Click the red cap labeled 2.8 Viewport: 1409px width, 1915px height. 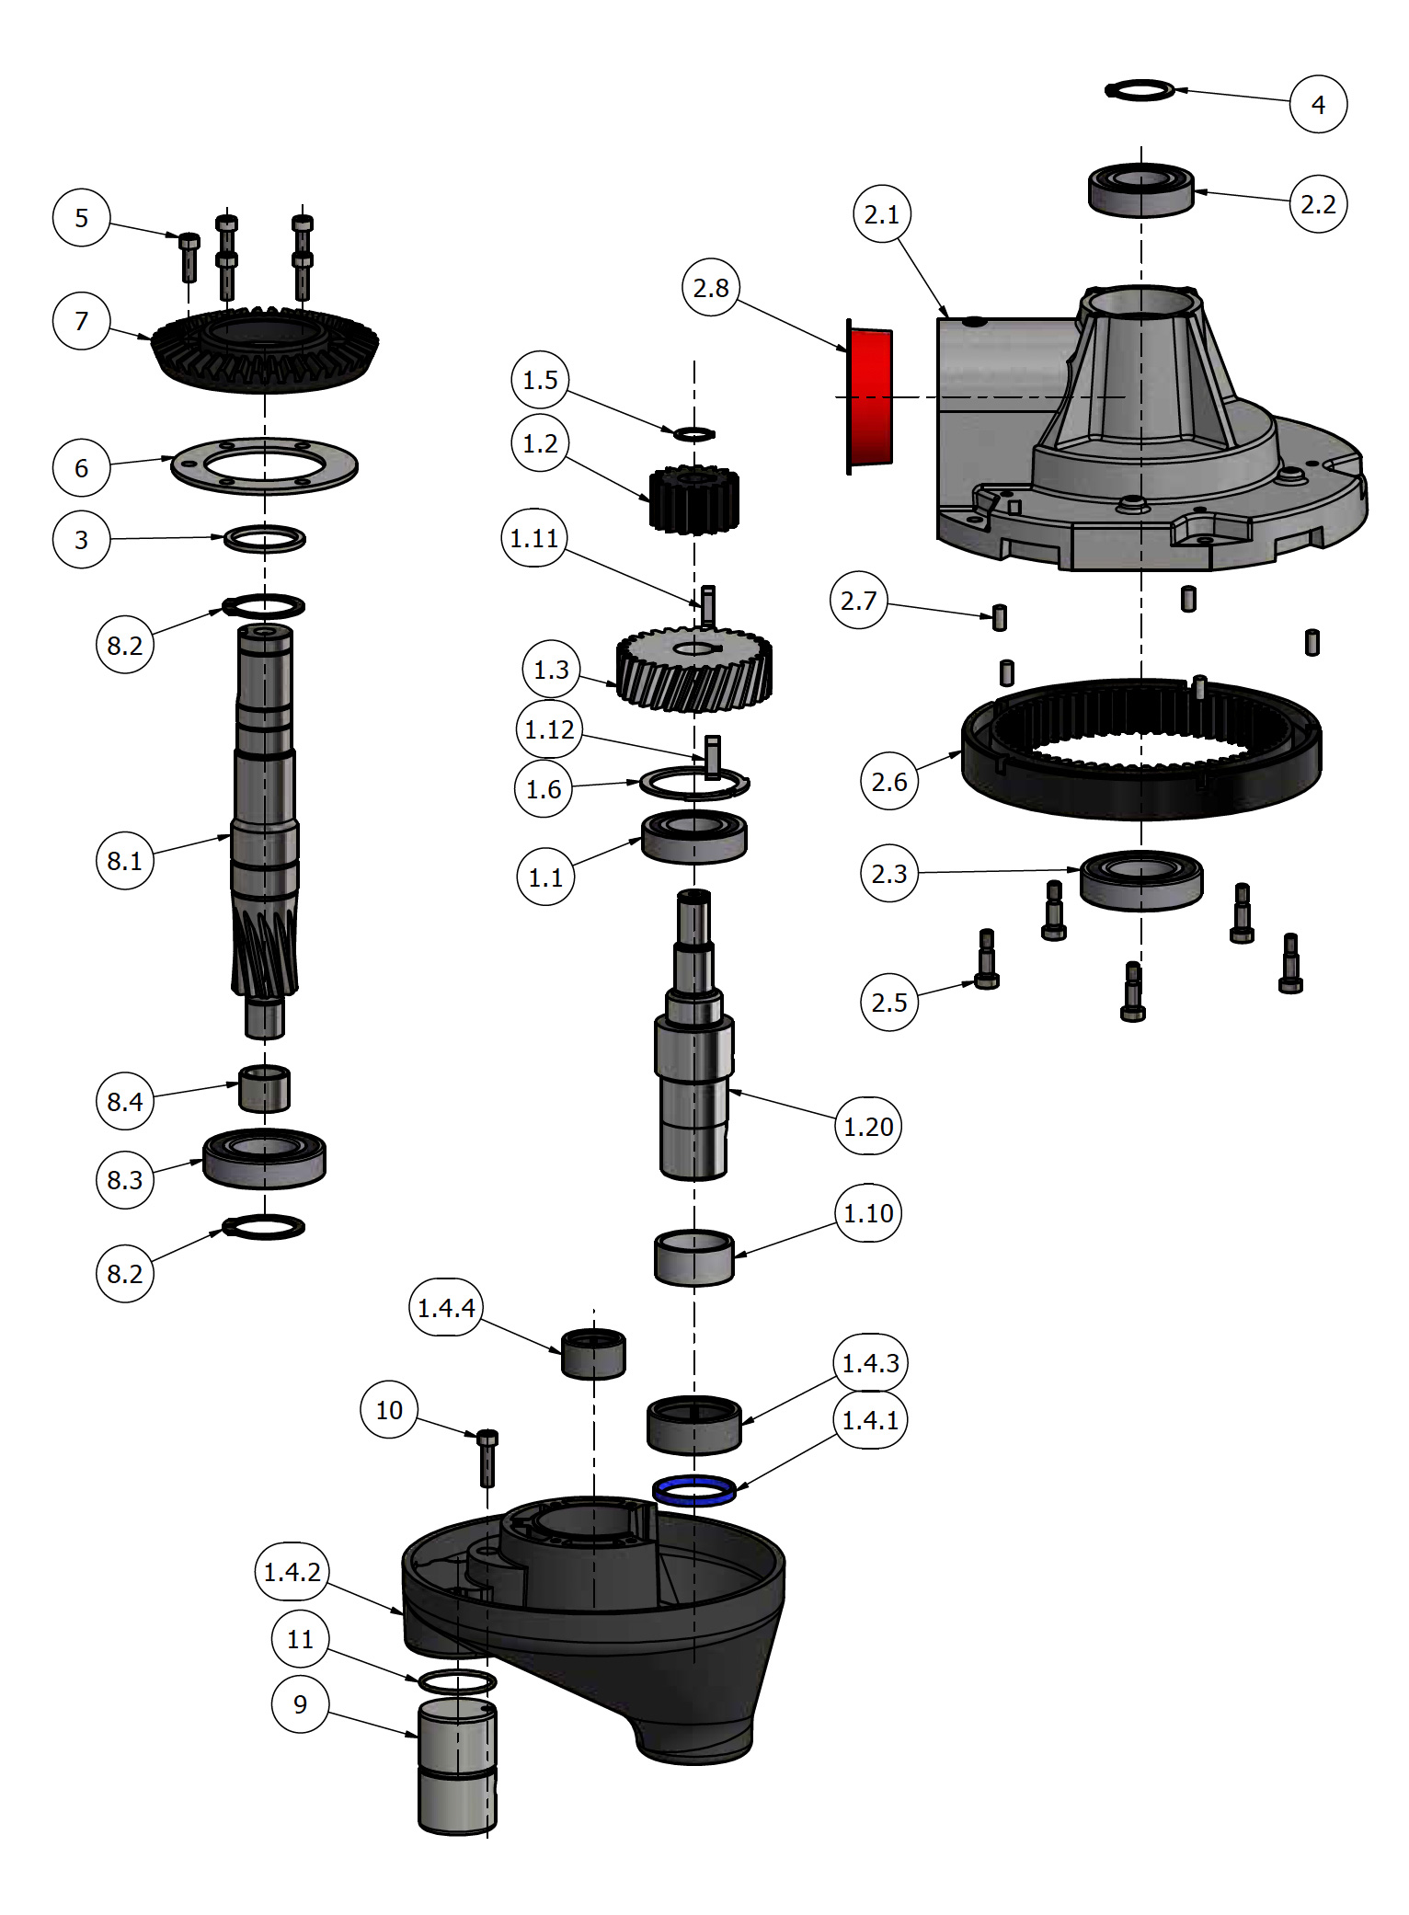[x=869, y=397]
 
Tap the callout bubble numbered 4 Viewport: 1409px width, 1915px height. [x=1317, y=104]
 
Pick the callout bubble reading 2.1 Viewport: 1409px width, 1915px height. [x=881, y=214]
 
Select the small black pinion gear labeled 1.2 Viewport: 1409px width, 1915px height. [x=694, y=501]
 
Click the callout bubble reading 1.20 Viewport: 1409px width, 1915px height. [x=867, y=1126]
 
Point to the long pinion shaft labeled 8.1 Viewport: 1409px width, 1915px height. [x=265, y=828]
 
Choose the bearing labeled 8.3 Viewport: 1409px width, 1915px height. [x=264, y=1159]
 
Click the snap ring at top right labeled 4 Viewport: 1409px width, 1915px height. [x=1140, y=90]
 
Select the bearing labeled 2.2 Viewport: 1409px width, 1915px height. [x=1140, y=190]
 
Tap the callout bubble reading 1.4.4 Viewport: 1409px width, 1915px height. [x=446, y=1307]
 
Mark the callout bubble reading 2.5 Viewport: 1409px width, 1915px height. [x=888, y=1002]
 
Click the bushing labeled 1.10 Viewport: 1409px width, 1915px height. [x=693, y=1258]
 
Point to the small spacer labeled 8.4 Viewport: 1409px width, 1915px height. [x=264, y=1089]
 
